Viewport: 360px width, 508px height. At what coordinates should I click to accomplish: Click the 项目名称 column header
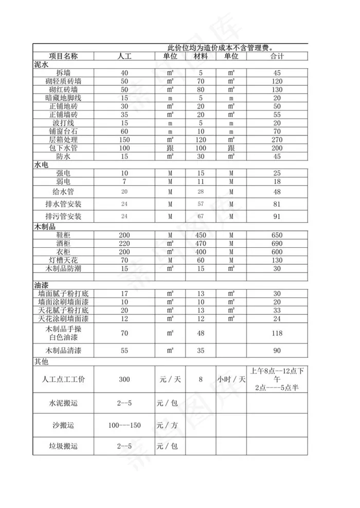[63, 56]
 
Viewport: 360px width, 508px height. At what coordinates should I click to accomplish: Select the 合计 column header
[277, 56]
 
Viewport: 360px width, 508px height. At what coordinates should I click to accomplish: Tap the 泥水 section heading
[41, 65]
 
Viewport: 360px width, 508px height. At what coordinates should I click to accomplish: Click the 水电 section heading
[41, 165]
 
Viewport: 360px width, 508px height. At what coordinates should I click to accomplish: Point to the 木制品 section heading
[45, 227]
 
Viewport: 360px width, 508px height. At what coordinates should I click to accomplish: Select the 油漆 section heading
[41, 284]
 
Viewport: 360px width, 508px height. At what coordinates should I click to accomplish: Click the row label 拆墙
[63, 73]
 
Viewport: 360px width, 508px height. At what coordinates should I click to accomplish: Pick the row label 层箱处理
[63, 140]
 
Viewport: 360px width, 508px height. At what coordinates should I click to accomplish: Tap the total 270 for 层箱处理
[277, 140]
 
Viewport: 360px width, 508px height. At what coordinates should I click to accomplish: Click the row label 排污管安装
[63, 216]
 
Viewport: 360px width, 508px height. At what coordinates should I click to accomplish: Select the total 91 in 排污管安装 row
[277, 216]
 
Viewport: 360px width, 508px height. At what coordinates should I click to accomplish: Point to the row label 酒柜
[63, 243]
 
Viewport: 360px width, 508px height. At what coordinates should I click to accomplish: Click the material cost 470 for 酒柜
[201, 243]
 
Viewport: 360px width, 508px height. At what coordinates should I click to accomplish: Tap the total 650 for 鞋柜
[277, 235]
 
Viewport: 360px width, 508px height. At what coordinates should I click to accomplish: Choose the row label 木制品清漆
[63, 351]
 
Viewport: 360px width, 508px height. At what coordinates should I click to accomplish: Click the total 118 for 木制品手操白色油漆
[277, 333]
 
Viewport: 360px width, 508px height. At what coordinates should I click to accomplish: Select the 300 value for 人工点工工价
[124, 379]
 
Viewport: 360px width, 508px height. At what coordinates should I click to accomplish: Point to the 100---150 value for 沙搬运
[124, 425]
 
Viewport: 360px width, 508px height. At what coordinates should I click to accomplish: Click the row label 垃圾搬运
[63, 446]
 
